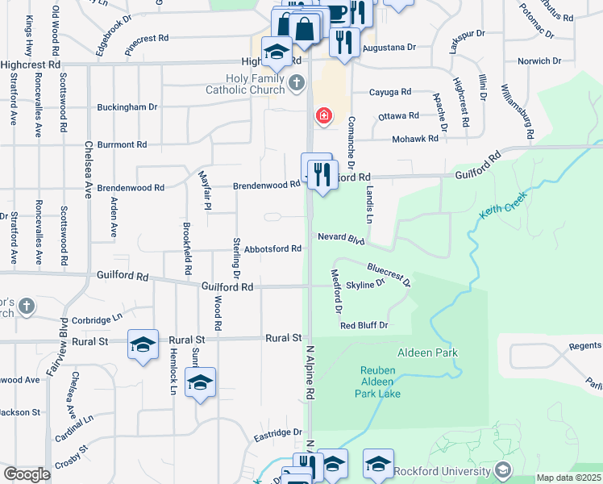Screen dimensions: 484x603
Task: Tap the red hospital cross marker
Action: (324, 117)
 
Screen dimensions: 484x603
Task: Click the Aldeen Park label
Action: (427, 353)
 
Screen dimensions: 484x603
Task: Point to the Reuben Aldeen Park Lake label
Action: (378, 382)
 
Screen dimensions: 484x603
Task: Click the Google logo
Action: (27, 474)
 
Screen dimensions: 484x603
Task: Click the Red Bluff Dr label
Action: (364, 326)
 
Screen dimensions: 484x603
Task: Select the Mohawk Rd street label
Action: (414, 139)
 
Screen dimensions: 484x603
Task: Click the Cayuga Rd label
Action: (390, 92)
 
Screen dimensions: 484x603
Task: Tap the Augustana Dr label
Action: (388, 48)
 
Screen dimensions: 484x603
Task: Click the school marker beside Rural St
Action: (143, 345)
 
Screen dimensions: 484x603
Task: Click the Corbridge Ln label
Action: (102, 320)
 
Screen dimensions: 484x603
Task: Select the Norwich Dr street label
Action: (539, 61)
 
